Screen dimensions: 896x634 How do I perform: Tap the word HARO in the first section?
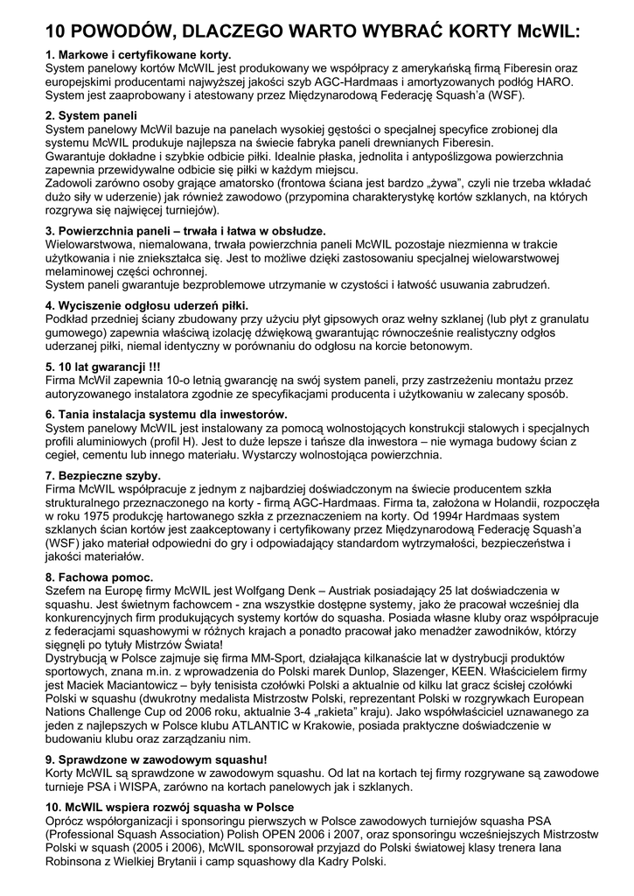coord(554,80)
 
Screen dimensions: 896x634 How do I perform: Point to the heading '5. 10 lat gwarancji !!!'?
coord(102,367)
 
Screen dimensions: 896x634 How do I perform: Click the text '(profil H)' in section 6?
coord(174,442)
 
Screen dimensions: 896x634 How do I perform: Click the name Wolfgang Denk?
coord(292,591)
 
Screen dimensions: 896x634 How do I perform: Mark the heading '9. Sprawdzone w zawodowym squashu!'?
coord(156,760)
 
